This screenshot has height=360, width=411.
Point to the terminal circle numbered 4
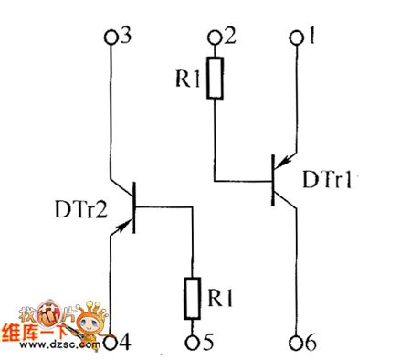(x=111, y=342)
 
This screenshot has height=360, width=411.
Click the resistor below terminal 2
(x=215, y=79)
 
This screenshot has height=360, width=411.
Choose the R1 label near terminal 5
(x=223, y=298)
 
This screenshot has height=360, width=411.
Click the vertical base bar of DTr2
(x=135, y=208)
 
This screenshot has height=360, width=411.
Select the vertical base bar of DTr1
(x=274, y=177)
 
